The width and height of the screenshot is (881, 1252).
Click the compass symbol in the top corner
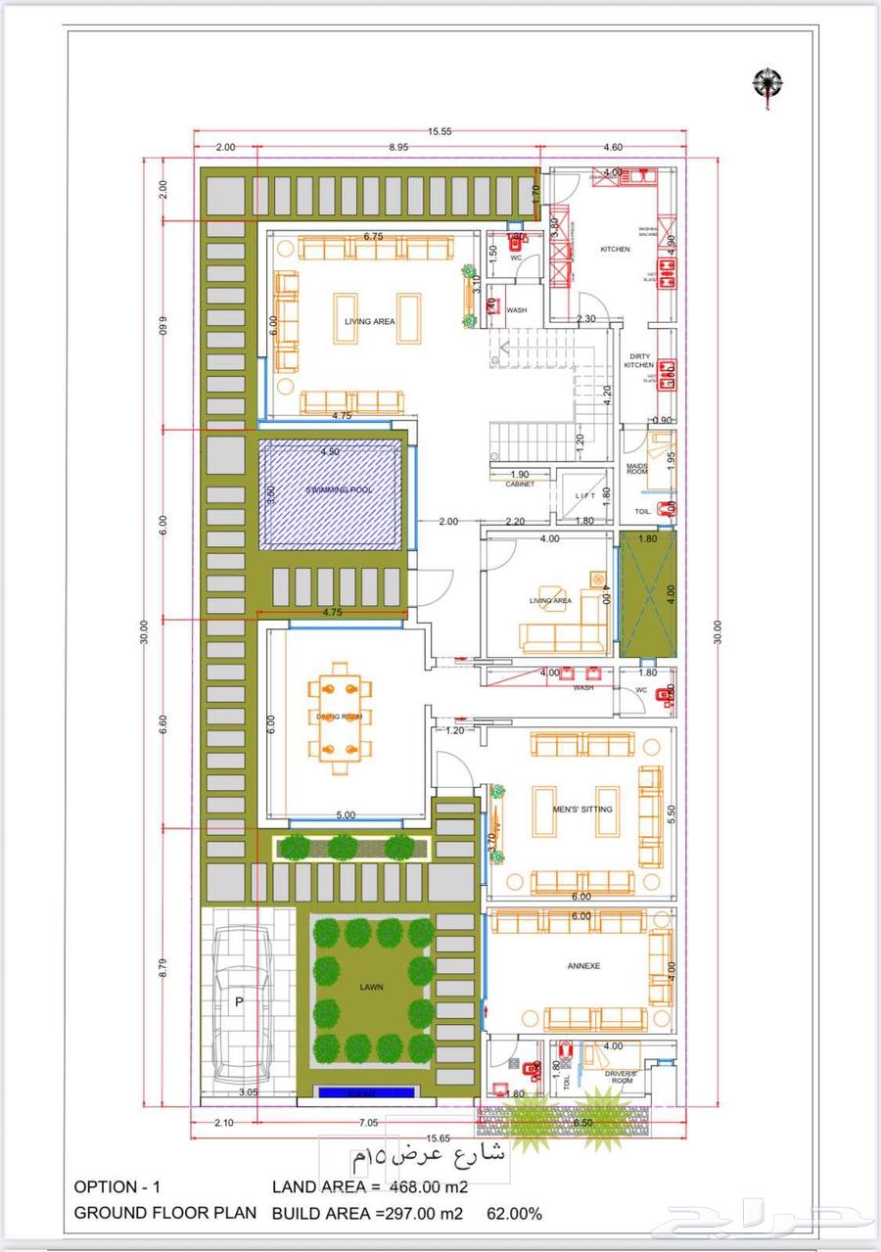[x=768, y=83]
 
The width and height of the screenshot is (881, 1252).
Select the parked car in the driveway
[x=236, y=1002]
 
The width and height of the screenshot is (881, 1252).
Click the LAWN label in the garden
[x=371, y=987]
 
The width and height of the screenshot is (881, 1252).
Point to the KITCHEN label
[x=615, y=250]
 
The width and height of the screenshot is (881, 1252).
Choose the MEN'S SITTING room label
[x=583, y=810]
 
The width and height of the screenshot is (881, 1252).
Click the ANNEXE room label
[x=583, y=966]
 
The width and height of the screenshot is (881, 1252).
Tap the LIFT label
[x=585, y=496]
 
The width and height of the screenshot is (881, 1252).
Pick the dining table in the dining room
[x=339, y=717]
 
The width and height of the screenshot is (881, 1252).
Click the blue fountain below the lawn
[x=365, y=1092]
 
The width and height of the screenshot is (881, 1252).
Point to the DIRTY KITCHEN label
[x=639, y=361]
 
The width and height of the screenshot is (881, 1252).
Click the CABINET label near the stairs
[x=520, y=485]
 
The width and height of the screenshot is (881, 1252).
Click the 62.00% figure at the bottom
[x=515, y=1214]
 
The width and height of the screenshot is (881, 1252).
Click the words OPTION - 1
[x=118, y=1187]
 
